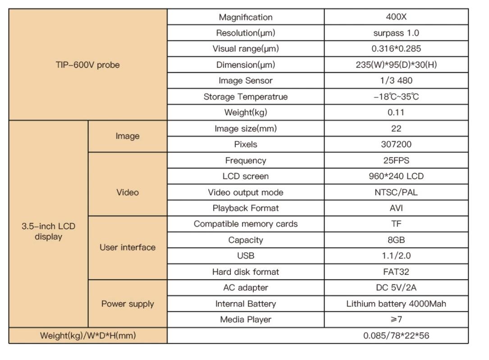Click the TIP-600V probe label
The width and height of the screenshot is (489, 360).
(88, 65)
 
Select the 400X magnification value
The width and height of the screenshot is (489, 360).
(396, 17)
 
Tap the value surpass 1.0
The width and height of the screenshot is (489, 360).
(396, 33)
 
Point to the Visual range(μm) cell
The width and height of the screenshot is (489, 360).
(246, 49)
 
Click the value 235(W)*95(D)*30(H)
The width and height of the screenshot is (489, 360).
(396, 65)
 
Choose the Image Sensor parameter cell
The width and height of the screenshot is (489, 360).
(246, 80)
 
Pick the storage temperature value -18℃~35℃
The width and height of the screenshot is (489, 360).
(396, 96)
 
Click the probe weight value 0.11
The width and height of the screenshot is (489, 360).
(396, 112)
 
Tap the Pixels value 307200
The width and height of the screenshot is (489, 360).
(396, 145)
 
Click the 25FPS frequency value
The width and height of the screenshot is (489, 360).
(396, 161)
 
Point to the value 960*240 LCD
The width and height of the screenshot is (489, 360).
(396, 176)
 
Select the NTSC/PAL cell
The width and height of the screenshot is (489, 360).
(396, 192)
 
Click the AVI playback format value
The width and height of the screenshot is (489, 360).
(396, 208)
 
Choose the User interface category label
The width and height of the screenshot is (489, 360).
(128, 247)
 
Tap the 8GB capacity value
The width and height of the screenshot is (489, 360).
(396, 240)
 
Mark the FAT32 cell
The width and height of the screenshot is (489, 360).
(396, 272)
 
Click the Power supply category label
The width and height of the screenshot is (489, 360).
(128, 304)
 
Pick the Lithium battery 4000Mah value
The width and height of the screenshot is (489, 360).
(396, 304)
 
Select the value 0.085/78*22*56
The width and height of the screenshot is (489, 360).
(396, 336)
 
